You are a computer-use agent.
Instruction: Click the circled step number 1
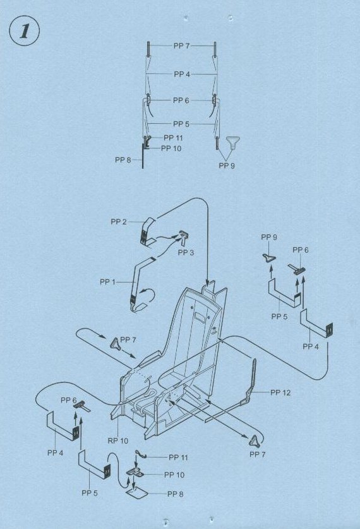24,30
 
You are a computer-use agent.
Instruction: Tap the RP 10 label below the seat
118,441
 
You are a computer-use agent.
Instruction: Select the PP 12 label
280,392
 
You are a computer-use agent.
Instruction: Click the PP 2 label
119,222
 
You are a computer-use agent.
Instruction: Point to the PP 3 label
186,252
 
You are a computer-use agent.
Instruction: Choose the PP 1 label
107,282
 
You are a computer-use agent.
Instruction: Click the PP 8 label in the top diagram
123,159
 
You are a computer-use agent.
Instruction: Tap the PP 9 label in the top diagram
227,166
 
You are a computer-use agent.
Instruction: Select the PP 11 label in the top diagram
173,138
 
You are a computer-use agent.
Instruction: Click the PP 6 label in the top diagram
181,100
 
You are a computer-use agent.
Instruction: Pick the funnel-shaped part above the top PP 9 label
233,142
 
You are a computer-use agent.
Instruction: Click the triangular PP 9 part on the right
269,258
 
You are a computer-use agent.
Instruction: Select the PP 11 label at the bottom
178,458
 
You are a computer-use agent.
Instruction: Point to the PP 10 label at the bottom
174,475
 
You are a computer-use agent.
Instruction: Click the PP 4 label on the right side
311,346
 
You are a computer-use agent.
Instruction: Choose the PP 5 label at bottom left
90,493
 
